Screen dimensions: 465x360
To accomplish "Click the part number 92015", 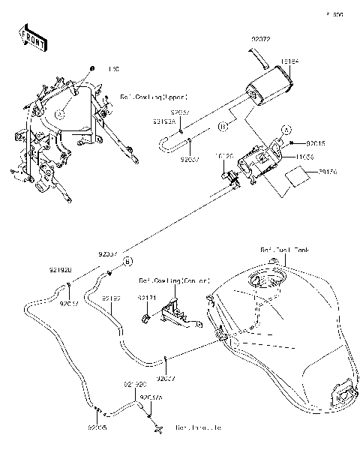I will pyautogui.click(x=316, y=142).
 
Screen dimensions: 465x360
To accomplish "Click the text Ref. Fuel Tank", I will pyautogui.click(x=285, y=249).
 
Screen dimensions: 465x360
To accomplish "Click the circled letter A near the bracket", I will pyautogui.click(x=286, y=129).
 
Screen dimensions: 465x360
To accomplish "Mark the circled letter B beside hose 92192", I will pyautogui.click(x=127, y=260).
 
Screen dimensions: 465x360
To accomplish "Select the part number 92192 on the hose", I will pyautogui.click(x=112, y=298).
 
